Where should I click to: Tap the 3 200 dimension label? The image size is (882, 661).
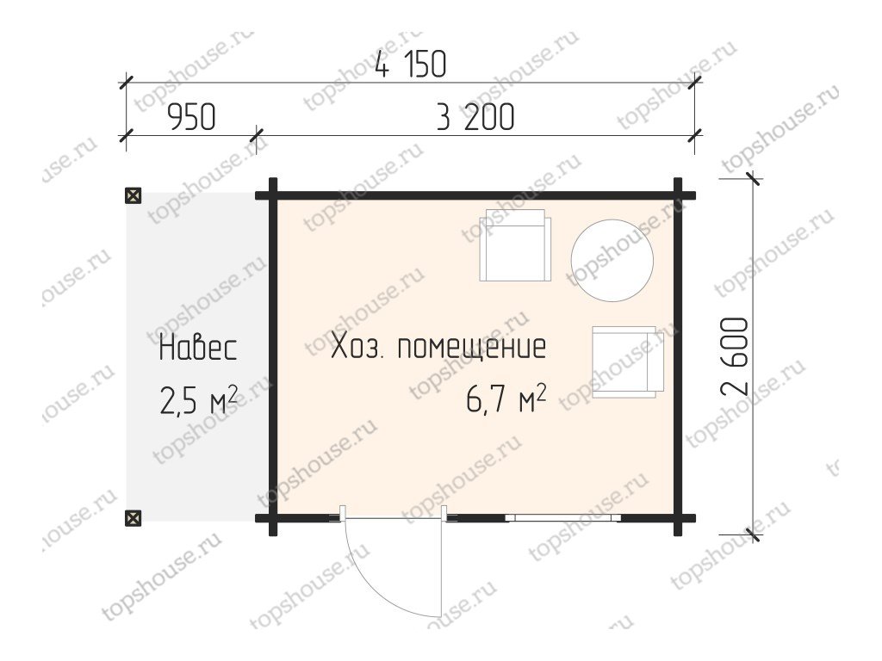tap(475, 117)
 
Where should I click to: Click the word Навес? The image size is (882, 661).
tap(198, 348)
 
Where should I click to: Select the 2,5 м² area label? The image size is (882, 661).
tap(198, 399)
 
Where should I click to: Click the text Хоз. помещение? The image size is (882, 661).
tap(438, 347)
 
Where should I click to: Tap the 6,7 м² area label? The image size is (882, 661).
tap(506, 399)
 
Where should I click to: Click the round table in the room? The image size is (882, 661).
tap(612, 260)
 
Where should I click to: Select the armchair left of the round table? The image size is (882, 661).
tap(515, 245)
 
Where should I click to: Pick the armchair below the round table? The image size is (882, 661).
tap(628, 362)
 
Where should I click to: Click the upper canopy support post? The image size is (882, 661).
tap(133, 195)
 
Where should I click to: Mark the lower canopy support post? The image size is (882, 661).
tap(133, 517)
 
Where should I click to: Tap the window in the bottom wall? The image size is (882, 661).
tap(562, 517)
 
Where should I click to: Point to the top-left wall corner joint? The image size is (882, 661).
tap(273, 195)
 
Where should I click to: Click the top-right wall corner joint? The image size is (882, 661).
tap(678, 195)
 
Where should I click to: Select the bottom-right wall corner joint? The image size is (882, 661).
tap(678, 517)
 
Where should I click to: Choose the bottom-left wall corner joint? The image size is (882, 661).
tap(273, 517)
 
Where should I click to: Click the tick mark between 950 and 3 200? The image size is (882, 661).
tap(257, 135)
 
